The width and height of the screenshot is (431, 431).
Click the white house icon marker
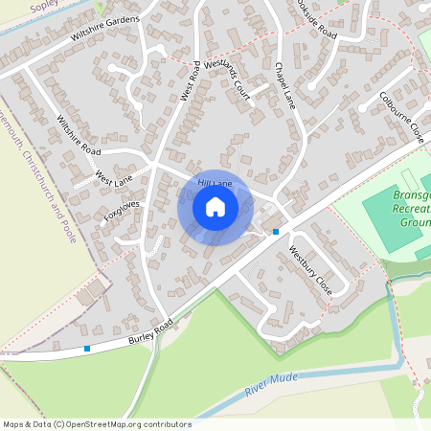[x=215, y=206]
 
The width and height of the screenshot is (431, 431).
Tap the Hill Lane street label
[x=215, y=181]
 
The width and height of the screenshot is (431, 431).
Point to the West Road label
[x=190, y=80]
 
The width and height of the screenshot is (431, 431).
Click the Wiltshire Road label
[x=79, y=137]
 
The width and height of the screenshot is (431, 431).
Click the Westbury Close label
[x=309, y=269]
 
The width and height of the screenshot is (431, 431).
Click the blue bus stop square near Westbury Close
[x=276, y=232]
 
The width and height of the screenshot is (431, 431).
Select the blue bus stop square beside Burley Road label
[x=87, y=349]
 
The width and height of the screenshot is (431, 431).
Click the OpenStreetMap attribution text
[x=97, y=424]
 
